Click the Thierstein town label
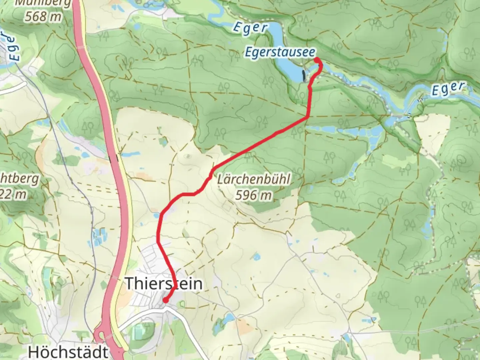click(x=163, y=284)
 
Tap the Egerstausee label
click(x=280, y=52)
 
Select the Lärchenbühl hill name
click(x=253, y=180)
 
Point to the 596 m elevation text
click(x=253, y=195)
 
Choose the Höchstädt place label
click(x=68, y=352)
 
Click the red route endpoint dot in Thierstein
click(x=165, y=300)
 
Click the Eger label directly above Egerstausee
click(x=250, y=28)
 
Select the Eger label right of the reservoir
click(x=448, y=89)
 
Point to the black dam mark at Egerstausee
click(x=304, y=76)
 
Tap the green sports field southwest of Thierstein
click(x=140, y=332)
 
